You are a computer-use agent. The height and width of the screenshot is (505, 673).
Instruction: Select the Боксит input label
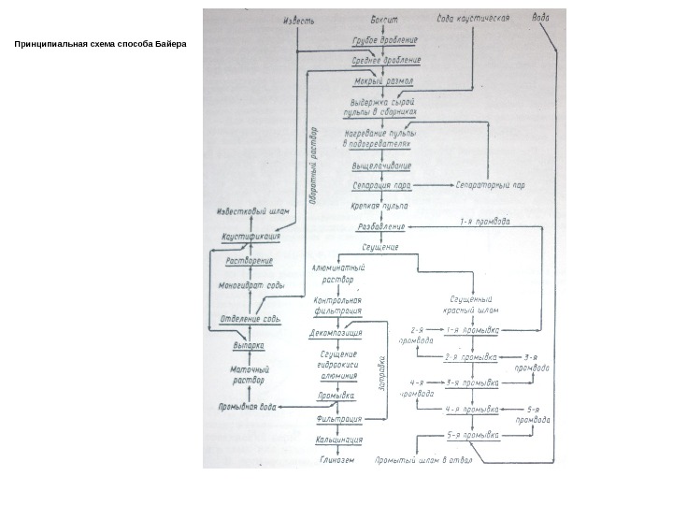coord(384,19)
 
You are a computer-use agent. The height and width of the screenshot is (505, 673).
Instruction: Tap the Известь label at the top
coord(299,19)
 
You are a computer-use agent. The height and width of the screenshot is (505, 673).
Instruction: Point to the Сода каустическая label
coord(473,19)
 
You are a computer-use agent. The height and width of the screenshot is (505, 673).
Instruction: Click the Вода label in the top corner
coord(541,18)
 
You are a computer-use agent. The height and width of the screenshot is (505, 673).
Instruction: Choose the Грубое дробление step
coord(384,42)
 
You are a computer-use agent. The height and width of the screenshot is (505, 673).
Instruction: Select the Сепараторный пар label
coord(491,185)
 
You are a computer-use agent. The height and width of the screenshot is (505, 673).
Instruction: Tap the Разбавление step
coord(380,226)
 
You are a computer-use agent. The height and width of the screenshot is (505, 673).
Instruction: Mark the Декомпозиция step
coord(336,332)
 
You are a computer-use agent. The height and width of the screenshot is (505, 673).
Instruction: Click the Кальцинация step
coord(339,439)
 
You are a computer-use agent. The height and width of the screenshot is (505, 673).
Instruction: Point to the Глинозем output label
coord(338,460)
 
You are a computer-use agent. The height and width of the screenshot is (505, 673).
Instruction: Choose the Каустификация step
coord(251,238)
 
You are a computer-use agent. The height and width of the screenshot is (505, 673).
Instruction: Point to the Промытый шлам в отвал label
coord(424,460)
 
